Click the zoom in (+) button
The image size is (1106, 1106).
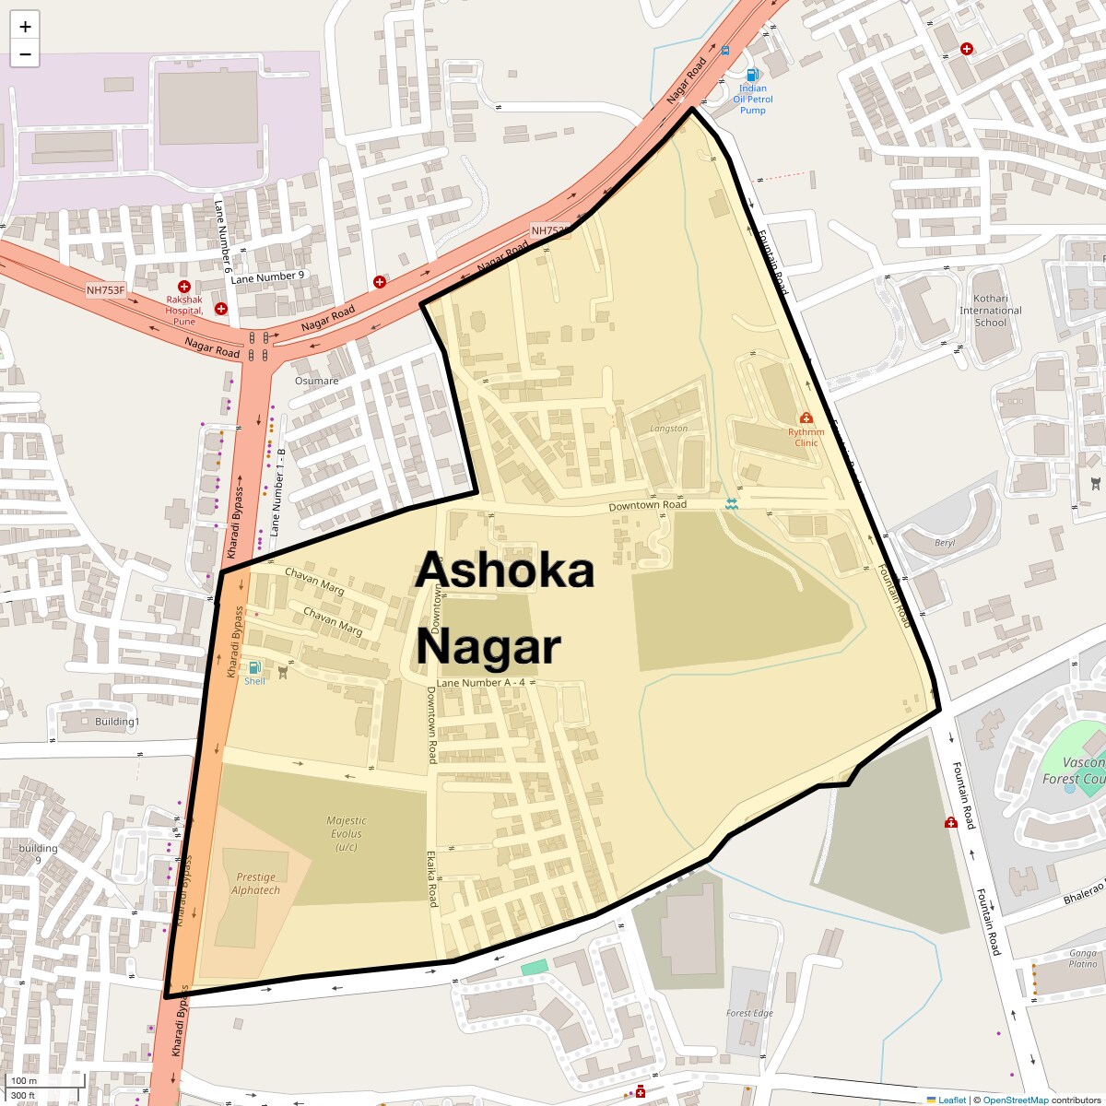(x=25, y=27)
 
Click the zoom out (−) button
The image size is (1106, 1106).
(x=25, y=54)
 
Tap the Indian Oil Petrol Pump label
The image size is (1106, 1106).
(x=753, y=100)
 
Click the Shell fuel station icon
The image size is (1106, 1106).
(x=254, y=667)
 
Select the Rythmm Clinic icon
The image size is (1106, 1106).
(x=806, y=418)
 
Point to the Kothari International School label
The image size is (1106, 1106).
(x=991, y=311)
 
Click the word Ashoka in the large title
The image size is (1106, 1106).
(x=505, y=570)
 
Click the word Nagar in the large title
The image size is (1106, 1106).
(x=488, y=646)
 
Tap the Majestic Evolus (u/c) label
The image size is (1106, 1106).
(x=347, y=833)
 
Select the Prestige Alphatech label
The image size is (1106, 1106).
(x=256, y=883)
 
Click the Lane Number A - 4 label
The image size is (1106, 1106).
(x=480, y=683)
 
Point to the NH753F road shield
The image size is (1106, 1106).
(x=105, y=290)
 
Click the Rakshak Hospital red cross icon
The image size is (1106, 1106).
(x=184, y=288)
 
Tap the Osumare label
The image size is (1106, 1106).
(x=316, y=381)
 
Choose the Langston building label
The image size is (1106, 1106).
(x=668, y=429)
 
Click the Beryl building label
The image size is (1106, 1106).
(x=945, y=543)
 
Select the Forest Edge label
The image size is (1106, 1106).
(x=749, y=1013)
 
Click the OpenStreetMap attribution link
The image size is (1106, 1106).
(x=1015, y=1100)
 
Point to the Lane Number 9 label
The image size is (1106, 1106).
(x=267, y=276)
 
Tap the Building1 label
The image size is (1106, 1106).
(x=117, y=722)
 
